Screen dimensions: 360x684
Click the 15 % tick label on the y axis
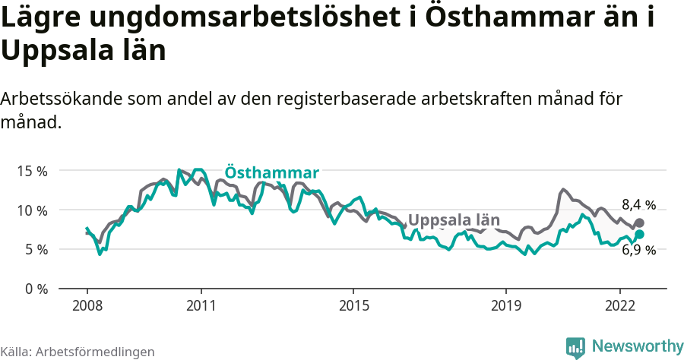pyautogui.click(x=32, y=171)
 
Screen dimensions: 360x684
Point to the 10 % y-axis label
pyautogui.click(x=32, y=210)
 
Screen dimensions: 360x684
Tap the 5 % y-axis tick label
pyautogui.click(x=36, y=250)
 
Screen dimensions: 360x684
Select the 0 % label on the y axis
pyautogui.click(x=36, y=289)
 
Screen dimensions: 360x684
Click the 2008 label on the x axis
pyautogui.click(x=87, y=305)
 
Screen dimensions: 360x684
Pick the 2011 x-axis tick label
pyautogui.click(x=201, y=305)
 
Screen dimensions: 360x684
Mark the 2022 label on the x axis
pyautogui.click(x=619, y=305)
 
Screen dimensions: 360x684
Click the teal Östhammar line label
pyautogui.click(x=271, y=172)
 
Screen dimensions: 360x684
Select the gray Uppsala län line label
pyautogui.click(x=454, y=220)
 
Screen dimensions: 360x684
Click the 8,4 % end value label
pyautogui.click(x=638, y=204)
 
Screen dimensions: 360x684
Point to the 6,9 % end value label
pyautogui.click(x=638, y=250)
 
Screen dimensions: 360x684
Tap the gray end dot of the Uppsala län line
pyautogui.click(x=639, y=223)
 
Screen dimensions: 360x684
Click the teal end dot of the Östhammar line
pyautogui.click(x=639, y=235)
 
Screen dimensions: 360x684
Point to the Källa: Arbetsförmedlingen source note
pyautogui.click(x=78, y=352)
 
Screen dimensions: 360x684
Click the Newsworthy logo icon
pyautogui.click(x=575, y=347)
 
